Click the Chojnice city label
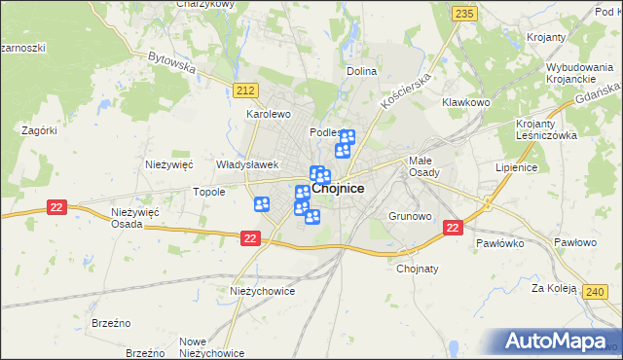click(339, 190)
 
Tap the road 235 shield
click(464, 13)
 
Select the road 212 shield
click(245, 90)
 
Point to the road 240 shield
click(596, 291)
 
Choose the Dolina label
click(361, 71)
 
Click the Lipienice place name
click(517, 167)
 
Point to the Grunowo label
click(409, 216)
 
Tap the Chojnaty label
click(420, 270)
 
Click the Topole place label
click(209, 192)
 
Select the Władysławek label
click(248, 165)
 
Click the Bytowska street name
click(172, 63)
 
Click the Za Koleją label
click(550, 289)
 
